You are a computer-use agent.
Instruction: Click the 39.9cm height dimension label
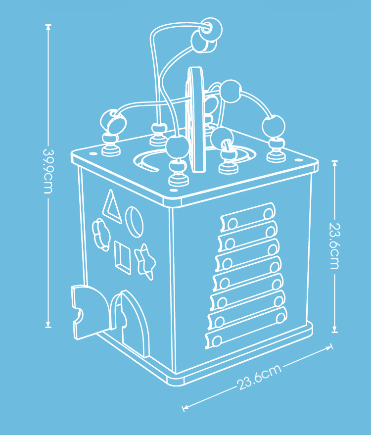point(48,171)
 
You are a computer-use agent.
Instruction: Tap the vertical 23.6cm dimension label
point(334,246)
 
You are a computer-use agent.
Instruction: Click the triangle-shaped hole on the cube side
point(112,207)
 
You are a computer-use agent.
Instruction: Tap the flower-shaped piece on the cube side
point(101,235)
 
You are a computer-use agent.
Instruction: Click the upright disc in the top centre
point(195,119)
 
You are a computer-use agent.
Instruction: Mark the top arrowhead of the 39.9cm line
point(48,26)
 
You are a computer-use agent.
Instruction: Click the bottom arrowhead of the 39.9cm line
point(48,326)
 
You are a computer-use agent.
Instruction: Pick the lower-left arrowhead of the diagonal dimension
point(185,407)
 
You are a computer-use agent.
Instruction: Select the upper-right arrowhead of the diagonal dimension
point(329,347)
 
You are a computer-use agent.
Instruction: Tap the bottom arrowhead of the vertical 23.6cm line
point(335,330)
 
